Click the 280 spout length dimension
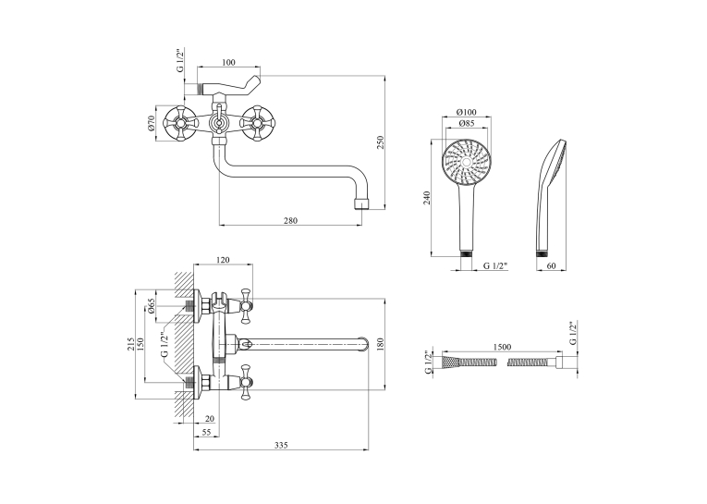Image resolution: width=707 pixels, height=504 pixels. point(290,220)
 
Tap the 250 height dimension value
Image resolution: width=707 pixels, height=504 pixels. point(380,142)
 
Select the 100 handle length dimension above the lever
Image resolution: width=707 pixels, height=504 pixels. point(228,62)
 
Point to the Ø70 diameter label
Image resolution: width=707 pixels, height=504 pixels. point(151,123)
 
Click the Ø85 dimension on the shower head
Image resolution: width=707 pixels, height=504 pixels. point(466,123)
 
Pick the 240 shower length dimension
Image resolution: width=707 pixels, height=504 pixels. point(427,198)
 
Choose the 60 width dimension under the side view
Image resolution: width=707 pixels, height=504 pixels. point(551,265)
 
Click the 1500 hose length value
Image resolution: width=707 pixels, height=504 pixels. point(502,347)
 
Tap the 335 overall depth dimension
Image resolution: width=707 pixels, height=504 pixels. point(281,445)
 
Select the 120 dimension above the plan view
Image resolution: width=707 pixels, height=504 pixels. point(223,260)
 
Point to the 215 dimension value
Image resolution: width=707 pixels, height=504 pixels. point(130,344)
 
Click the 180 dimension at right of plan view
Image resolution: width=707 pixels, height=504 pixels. point(380,344)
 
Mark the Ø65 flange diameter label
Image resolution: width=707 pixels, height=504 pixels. point(151,306)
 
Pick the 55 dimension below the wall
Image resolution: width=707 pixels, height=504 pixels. point(206,432)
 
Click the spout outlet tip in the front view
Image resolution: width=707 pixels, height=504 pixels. point(362,203)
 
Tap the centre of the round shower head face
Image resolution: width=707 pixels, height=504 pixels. point(466,162)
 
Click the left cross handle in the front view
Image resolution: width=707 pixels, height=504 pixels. point(179,123)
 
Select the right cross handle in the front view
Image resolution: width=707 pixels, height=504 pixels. point(256,123)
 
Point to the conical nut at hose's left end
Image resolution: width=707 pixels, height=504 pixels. point(451,362)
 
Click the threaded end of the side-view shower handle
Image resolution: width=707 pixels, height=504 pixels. point(542,253)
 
